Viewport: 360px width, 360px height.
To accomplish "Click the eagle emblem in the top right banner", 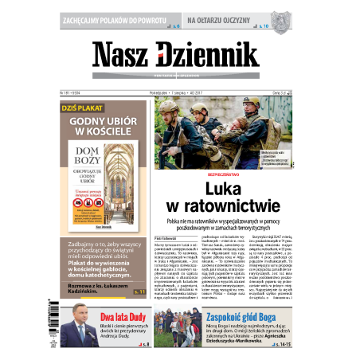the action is [x=276, y=17].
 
